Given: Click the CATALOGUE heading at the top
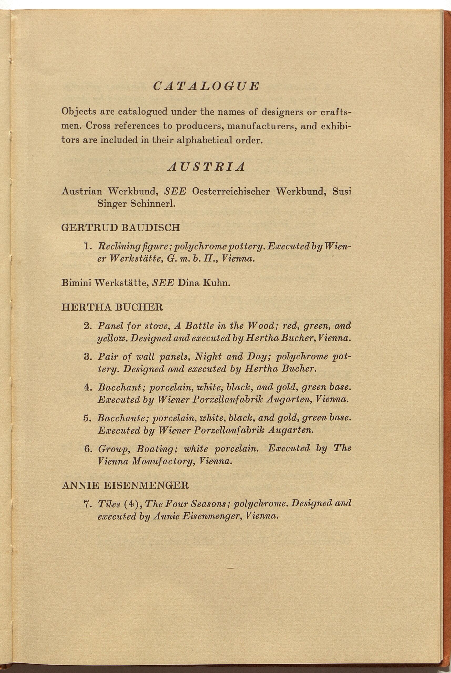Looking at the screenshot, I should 206,86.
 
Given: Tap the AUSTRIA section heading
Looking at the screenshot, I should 206,167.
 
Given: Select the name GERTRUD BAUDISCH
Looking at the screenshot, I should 121,228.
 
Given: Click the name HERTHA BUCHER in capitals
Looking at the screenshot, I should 112,307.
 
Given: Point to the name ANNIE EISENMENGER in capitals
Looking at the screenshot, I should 125,486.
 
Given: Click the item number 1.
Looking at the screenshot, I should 88,246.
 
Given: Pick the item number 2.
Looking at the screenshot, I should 88,326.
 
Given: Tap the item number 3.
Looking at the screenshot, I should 88,357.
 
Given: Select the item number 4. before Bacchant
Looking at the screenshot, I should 88,388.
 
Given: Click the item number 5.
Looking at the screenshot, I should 88,418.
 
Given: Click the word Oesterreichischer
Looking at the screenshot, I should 231,191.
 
